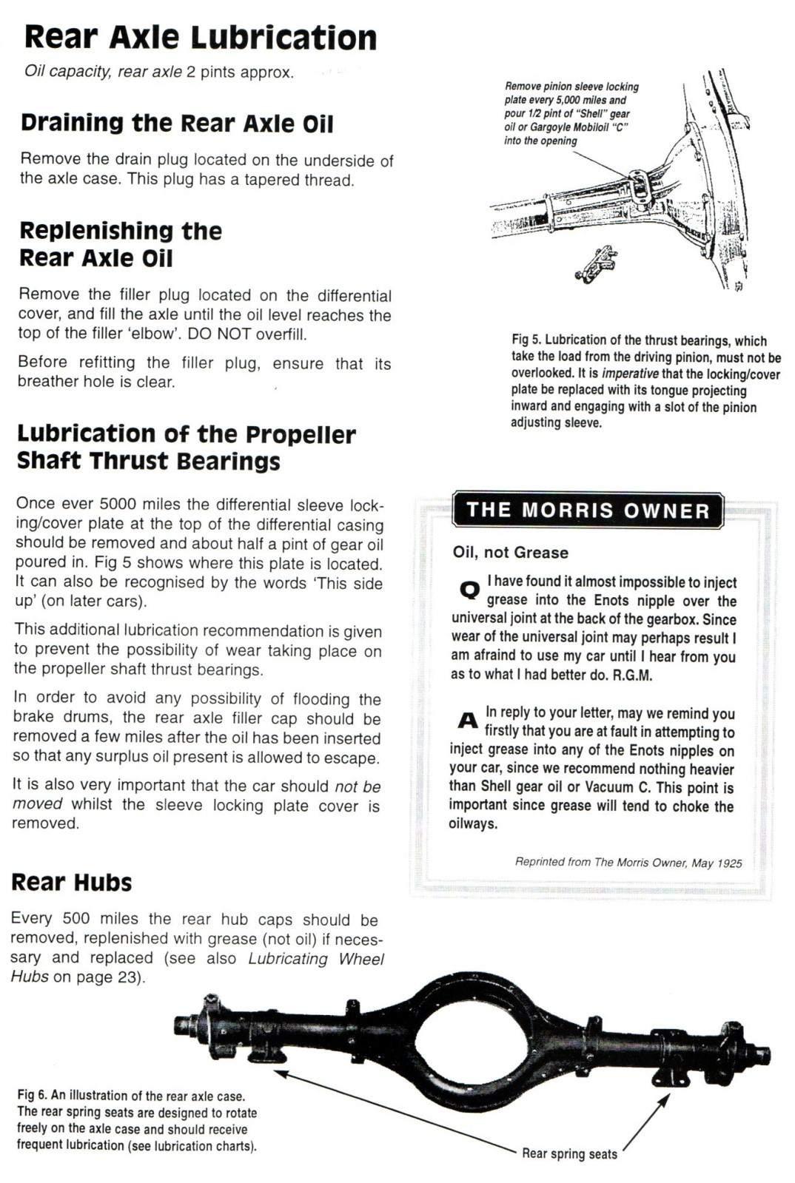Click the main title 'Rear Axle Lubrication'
(x=200, y=38)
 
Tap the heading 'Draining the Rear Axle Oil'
(x=177, y=123)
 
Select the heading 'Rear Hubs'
(x=72, y=883)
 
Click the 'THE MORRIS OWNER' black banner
(x=588, y=510)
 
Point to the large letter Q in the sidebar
(x=469, y=590)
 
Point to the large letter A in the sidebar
(x=467, y=720)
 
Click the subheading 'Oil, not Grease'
(x=511, y=553)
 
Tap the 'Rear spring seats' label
(x=569, y=1154)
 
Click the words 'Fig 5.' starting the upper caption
(x=526, y=340)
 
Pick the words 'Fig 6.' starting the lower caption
(x=32, y=1096)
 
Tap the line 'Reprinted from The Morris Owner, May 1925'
(x=628, y=863)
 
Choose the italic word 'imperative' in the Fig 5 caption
(x=630, y=374)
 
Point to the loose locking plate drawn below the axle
(x=597, y=263)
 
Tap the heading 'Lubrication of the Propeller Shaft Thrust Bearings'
(x=186, y=447)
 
